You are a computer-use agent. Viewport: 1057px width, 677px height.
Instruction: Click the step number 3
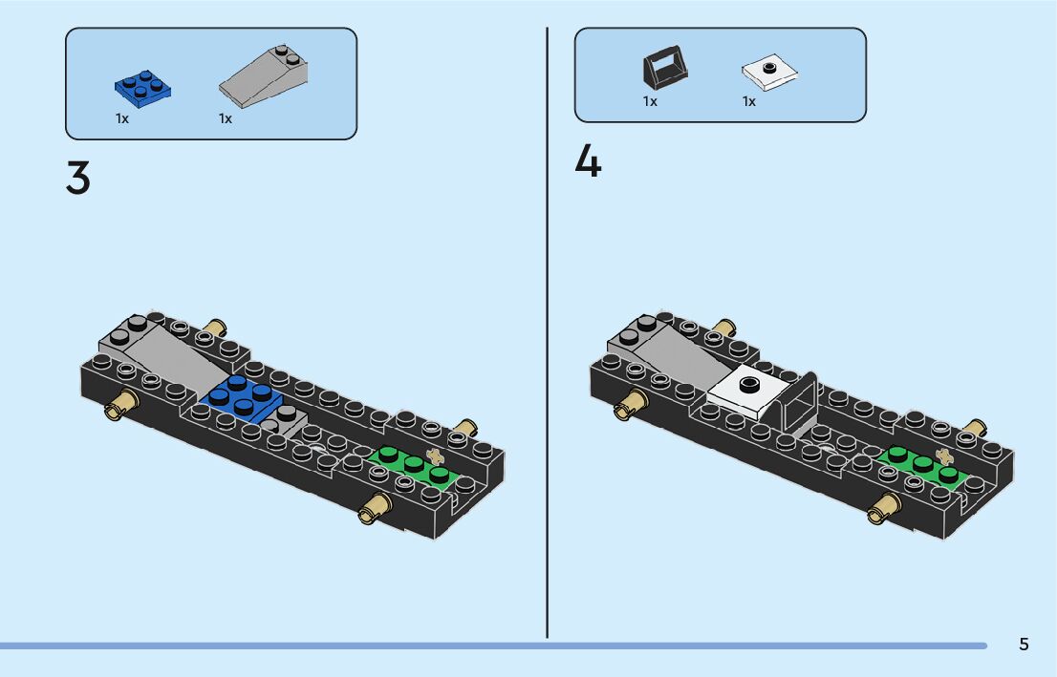coord(77,178)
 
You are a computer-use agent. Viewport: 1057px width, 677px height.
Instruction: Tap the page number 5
coord(1024,645)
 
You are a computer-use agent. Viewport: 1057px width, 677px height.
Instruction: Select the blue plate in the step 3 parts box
coord(143,87)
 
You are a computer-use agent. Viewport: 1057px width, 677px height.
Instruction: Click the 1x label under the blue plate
coord(122,119)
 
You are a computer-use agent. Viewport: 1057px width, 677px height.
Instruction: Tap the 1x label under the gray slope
coord(226,119)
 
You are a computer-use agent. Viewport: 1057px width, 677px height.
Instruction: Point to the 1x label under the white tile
coord(749,101)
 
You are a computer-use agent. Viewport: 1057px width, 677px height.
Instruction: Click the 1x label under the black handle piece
coord(650,101)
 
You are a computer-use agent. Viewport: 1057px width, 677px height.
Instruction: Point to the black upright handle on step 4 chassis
coord(799,401)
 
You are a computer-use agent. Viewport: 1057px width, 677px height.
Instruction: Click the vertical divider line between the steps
coord(548,334)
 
